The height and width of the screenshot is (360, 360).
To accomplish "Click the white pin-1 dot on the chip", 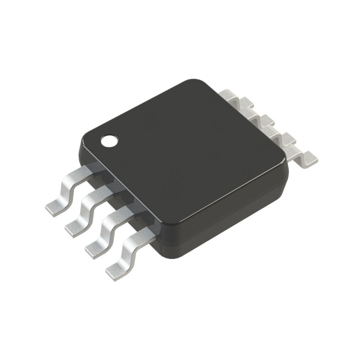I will [x=108, y=141].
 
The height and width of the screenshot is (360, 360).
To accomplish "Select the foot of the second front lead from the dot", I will [x=75, y=227].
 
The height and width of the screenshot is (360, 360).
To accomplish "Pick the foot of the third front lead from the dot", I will [x=95, y=248].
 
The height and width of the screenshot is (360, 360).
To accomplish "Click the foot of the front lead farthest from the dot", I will [x=115, y=269].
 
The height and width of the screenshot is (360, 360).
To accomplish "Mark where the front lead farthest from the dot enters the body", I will [x=148, y=229].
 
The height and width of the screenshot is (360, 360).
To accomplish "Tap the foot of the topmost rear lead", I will [x=239, y=101].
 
